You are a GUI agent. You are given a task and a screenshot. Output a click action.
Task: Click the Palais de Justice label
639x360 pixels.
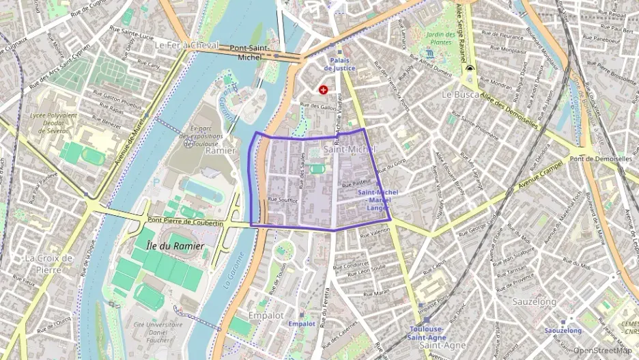339,64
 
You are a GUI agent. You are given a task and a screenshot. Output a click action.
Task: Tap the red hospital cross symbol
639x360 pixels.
324,89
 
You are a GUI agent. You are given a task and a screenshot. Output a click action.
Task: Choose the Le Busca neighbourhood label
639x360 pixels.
461,94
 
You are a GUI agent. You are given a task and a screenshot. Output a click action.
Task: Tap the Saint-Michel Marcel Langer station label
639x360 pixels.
378,199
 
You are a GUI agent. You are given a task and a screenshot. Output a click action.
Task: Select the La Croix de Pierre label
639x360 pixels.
48,263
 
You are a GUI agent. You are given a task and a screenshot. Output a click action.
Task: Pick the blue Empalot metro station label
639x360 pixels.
302,323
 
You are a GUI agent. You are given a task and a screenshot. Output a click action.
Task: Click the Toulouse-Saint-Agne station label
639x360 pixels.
428,332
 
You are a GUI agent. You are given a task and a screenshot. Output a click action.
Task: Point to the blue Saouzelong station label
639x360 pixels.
563,331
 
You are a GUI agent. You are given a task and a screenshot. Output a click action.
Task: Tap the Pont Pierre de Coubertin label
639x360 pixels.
185,223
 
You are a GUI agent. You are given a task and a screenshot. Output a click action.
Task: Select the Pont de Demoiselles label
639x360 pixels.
601,158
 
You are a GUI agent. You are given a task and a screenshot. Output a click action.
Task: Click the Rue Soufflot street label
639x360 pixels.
283,199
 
